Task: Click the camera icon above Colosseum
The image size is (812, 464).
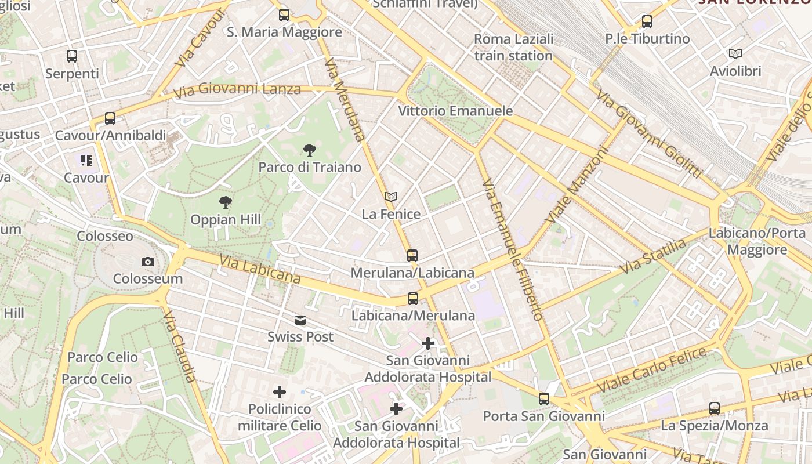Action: [148, 262]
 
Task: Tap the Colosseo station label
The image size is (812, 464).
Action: [105, 236]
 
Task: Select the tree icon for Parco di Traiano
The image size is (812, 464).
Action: [310, 150]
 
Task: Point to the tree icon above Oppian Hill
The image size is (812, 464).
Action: [226, 202]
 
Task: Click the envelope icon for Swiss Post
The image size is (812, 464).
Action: [300, 320]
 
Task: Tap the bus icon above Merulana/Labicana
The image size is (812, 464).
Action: [412, 255]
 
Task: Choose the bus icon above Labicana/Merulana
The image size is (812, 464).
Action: [412, 299]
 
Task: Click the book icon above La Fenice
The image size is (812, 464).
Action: [391, 197]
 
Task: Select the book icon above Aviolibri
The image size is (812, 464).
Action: [735, 54]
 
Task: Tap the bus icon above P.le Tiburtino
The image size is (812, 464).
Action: [647, 21]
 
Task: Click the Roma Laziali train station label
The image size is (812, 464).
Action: [513, 48]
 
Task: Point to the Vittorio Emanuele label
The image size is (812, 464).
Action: [455, 111]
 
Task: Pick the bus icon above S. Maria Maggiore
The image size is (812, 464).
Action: [284, 15]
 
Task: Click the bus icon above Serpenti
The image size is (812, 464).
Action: [72, 56]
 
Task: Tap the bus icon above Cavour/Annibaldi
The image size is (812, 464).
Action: [110, 118]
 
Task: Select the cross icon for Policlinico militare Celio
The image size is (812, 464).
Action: [280, 392]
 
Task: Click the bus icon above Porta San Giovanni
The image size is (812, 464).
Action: [544, 399]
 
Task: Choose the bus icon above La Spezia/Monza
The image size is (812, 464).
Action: [715, 408]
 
